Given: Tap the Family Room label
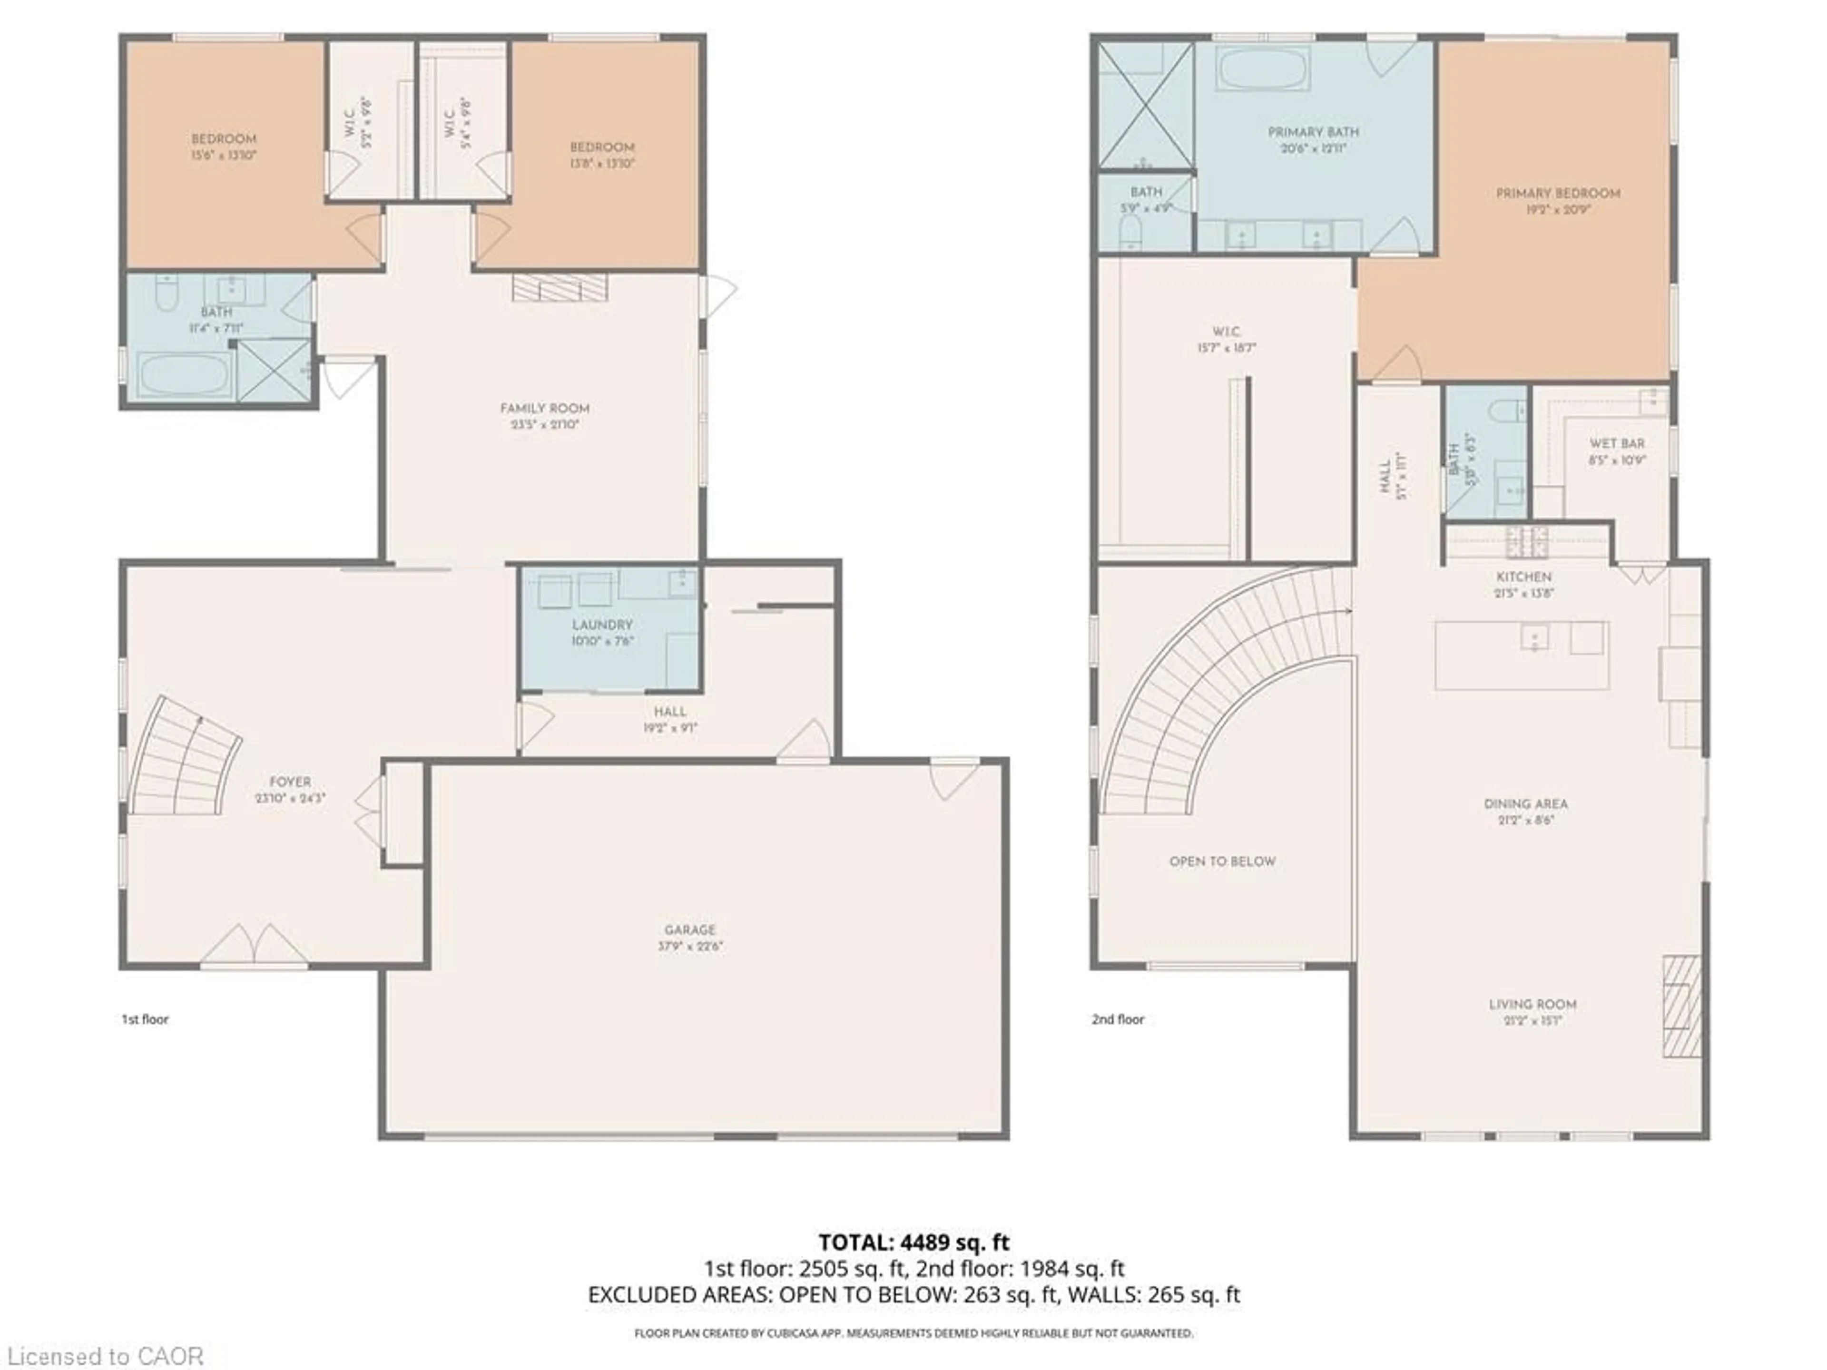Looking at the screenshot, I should coord(544,409).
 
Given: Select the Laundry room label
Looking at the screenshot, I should coord(602,625).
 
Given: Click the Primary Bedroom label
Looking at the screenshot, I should coord(1558,193).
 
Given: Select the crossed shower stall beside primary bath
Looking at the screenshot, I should coord(1145,106).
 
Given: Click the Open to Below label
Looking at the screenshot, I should coord(1222,861).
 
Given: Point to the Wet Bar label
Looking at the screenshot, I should coord(1616,443).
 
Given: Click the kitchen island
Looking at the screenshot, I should coord(1522,656).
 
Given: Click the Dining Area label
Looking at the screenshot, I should coord(1525,803).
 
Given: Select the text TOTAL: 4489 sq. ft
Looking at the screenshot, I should coord(913,1242).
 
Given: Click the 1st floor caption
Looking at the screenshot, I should coord(146,1019).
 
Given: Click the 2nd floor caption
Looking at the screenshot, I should coord(1118,1019).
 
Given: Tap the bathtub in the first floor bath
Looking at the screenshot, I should coord(183,374).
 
